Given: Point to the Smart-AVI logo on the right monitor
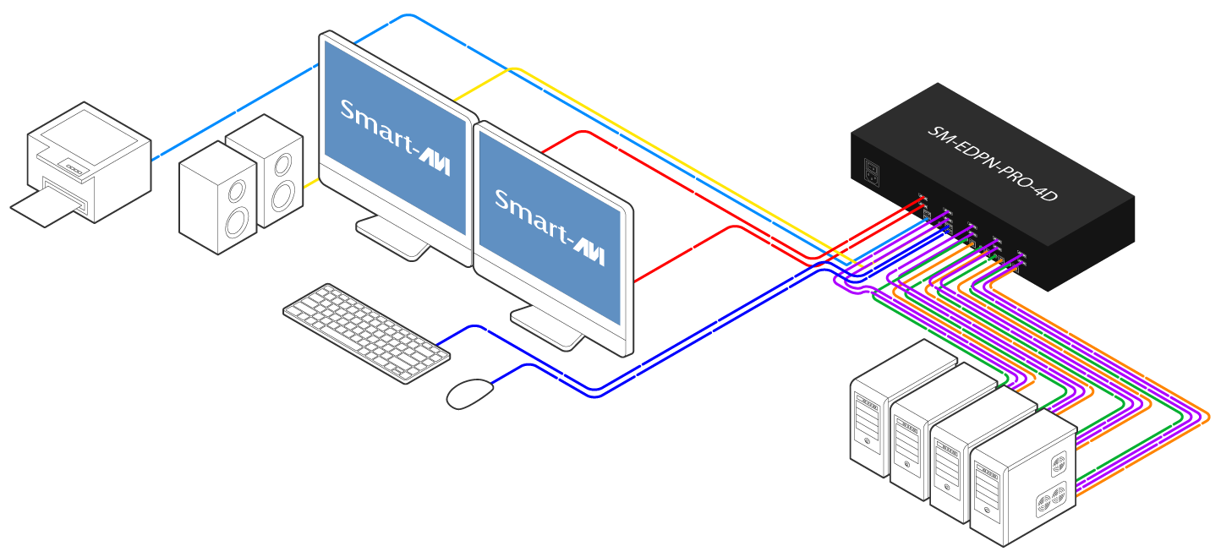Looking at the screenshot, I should [x=549, y=227].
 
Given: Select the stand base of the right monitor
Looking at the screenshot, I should [x=547, y=326].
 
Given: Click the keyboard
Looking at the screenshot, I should [x=366, y=332].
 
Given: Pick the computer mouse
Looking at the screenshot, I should [x=469, y=393].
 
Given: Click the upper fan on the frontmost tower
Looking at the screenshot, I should [x=1058, y=464].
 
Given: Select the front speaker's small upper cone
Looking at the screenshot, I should [x=237, y=189].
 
